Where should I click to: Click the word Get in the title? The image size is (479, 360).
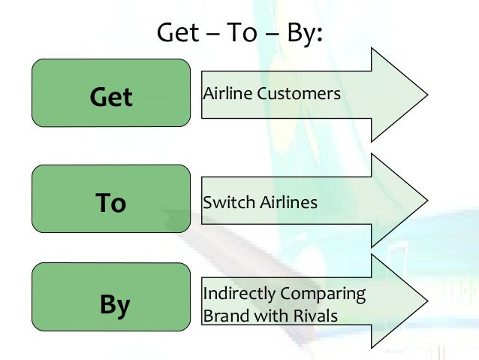(x=177, y=32)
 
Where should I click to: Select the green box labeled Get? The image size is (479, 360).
(x=110, y=92)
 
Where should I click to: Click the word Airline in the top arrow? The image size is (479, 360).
(x=226, y=94)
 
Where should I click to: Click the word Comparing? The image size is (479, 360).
(x=324, y=293)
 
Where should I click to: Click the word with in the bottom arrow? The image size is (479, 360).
(x=269, y=316)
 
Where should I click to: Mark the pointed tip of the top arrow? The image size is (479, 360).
(x=426, y=95)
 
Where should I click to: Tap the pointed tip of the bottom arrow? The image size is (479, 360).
(x=426, y=302)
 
